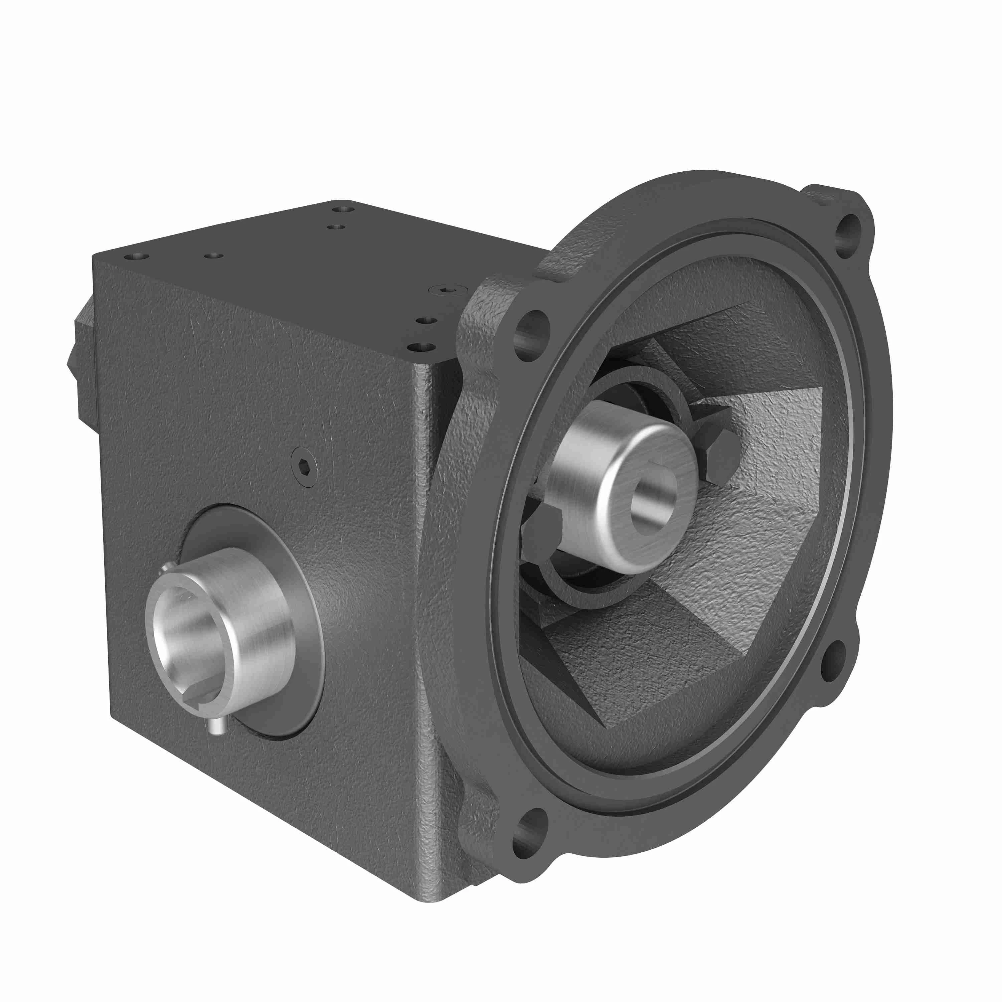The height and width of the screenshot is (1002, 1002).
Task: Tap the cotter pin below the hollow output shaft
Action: pyautogui.click(x=215, y=726)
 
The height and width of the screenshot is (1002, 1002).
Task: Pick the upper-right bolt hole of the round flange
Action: pyautogui.click(x=849, y=236)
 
